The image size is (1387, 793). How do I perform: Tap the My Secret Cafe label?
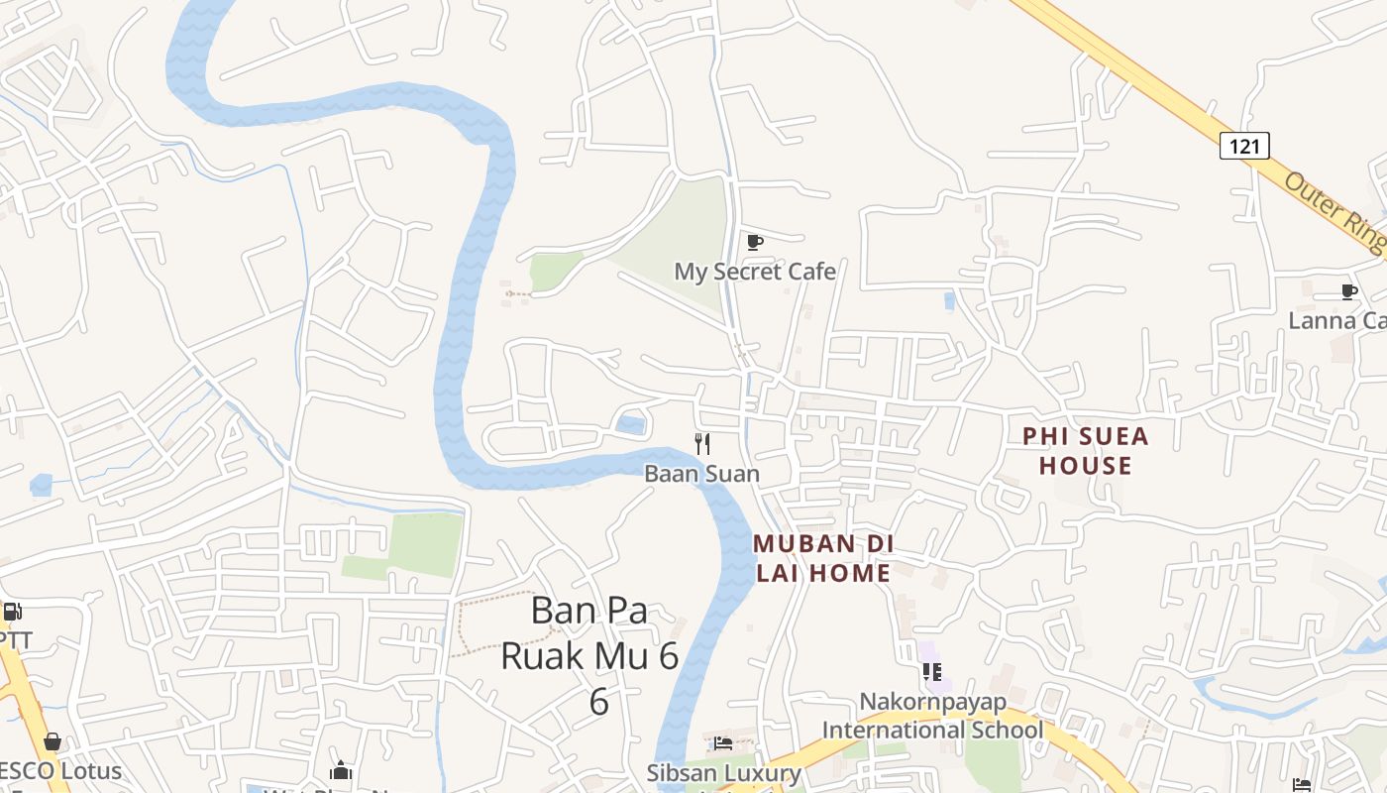click(755, 272)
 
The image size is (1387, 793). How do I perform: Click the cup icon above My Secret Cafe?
click(755, 242)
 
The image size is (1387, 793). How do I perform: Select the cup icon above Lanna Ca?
click(1348, 291)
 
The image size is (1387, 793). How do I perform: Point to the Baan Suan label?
click(701, 474)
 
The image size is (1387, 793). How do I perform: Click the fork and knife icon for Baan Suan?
click(702, 444)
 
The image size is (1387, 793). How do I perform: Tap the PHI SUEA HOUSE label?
click(1085, 451)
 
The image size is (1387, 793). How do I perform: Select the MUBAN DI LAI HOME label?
click(823, 558)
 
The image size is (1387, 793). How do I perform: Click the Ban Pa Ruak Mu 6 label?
click(590, 654)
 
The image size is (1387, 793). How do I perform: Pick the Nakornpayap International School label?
click(932, 717)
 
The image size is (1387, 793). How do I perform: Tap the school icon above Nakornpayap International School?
click(932, 672)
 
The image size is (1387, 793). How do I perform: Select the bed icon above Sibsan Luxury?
click(724, 742)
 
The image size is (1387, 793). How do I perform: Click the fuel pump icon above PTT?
click(12, 612)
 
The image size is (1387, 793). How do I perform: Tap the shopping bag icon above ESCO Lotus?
click(52, 741)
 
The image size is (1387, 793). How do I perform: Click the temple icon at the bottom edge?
click(341, 770)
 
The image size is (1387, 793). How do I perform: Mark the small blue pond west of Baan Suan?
click(630, 425)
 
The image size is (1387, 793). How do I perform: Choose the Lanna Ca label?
click(1336, 321)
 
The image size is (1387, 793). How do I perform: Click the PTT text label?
click(14, 640)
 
